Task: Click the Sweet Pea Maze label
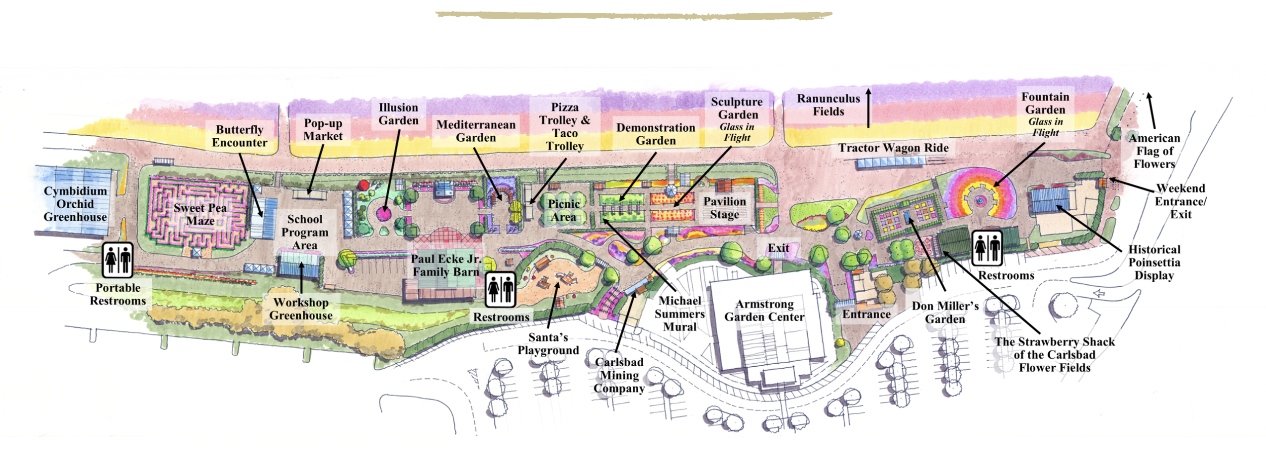click(200, 214)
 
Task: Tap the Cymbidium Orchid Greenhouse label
click(75, 204)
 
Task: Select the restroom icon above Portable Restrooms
click(117, 260)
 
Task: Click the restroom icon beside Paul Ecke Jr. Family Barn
click(500, 290)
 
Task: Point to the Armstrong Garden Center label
click(764, 311)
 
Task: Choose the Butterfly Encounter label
click(240, 136)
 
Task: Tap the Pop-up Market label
click(323, 130)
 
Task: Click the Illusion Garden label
click(399, 114)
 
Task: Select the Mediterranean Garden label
click(476, 131)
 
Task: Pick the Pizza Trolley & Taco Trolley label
click(565, 127)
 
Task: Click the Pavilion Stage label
click(724, 208)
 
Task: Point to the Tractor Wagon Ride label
click(893, 148)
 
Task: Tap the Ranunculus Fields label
click(828, 105)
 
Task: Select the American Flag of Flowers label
click(1154, 151)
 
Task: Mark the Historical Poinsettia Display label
click(1154, 262)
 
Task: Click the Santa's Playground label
click(548, 344)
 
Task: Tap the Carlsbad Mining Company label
click(619, 375)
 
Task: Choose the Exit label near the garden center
click(778, 248)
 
